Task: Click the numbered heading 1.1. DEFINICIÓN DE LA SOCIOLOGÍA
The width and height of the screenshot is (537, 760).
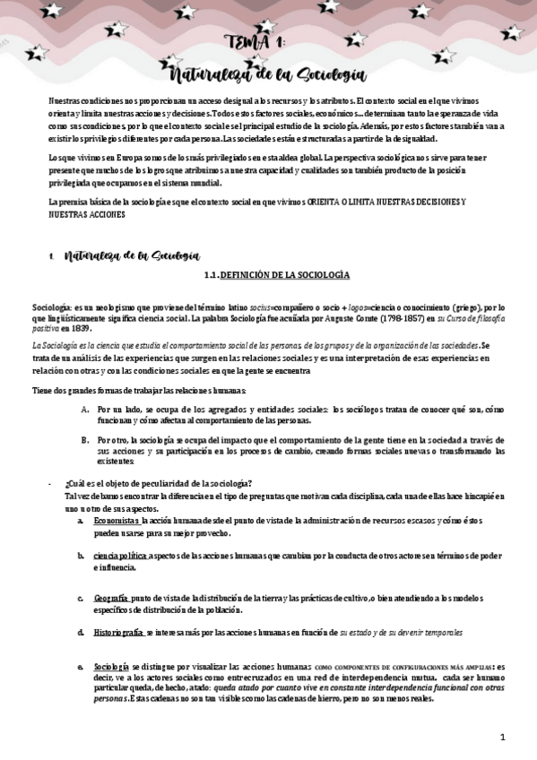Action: tap(274, 274)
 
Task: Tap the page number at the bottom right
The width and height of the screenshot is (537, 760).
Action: tap(504, 737)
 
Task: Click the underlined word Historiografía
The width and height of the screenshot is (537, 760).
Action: tap(118, 633)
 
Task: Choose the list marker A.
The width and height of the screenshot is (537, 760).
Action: tap(84, 409)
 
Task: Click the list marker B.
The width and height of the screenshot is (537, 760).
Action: tap(84, 440)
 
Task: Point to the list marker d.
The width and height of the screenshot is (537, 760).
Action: tap(81, 633)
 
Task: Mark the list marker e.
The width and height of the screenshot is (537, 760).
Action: tap(81, 667)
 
